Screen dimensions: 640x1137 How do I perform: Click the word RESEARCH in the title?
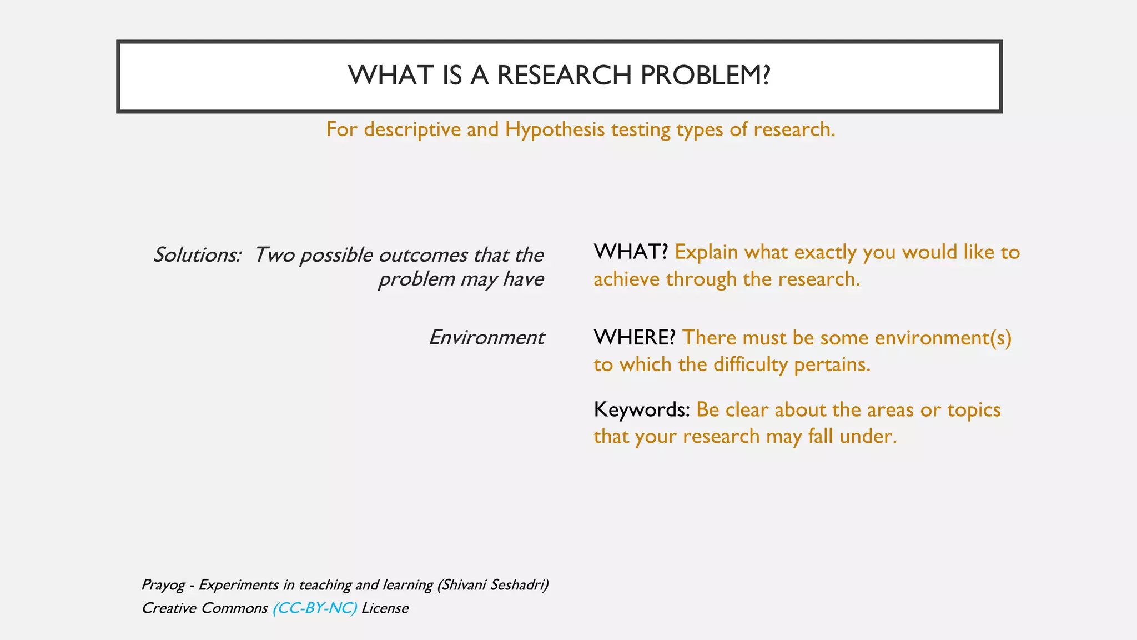click(564, 76)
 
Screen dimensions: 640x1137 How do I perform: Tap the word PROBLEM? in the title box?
click(705, 76)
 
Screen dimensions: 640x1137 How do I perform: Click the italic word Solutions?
click(198, 255)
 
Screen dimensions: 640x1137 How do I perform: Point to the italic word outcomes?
click(423, 255)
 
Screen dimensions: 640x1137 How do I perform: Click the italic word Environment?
click(486, 337)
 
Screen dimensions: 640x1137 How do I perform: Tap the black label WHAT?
click(630, 252)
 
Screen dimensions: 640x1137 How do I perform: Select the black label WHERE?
click(634, 337)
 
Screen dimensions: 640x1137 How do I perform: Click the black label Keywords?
click(641, 409)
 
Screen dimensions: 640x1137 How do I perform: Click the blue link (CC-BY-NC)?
click(315, 608)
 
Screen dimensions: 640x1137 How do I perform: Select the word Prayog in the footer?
click(163, 585)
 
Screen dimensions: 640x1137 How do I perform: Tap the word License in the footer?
click(385, 608)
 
